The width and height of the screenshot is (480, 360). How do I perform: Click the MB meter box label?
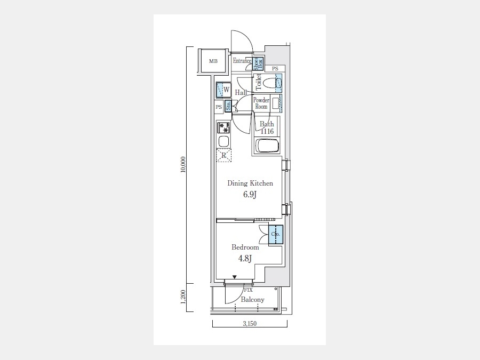213,61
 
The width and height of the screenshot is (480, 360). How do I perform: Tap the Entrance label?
242,61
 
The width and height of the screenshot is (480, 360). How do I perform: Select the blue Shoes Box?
258,63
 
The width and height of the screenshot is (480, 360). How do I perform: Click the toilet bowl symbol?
268,83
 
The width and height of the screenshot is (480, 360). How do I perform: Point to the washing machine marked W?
223,90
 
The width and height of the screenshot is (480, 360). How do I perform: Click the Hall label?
241,92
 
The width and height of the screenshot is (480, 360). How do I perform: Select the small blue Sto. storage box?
228,106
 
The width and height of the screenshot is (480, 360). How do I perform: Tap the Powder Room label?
261,103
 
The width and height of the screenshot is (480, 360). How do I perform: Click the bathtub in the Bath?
267,146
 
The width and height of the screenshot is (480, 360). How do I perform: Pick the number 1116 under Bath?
267,131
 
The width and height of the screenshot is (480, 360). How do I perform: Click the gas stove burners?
224,127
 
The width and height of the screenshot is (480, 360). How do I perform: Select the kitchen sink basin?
223,141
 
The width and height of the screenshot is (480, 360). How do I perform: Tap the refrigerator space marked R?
224,155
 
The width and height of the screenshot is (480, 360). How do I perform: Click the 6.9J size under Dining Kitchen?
250,194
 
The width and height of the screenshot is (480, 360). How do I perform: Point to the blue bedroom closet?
276,235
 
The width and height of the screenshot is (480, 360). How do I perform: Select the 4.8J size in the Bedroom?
245,259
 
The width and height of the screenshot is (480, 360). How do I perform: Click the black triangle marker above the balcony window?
235,277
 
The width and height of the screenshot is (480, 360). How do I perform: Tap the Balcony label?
253,300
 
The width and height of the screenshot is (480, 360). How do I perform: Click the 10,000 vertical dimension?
183,165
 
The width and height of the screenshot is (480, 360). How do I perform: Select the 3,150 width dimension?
250,324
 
